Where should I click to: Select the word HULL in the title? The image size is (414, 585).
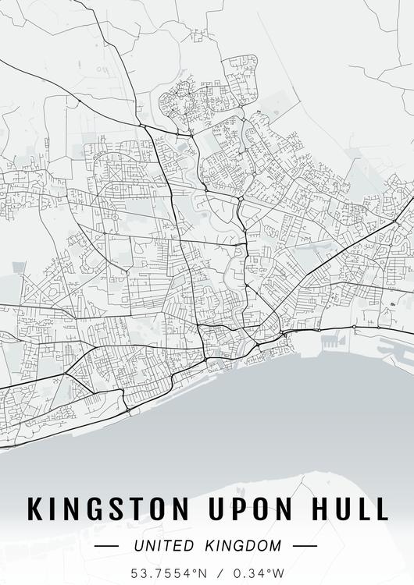click(348, 508)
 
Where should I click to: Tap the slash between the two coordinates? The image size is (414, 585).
click(221, 573)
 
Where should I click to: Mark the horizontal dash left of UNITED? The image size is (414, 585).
click(106, 546)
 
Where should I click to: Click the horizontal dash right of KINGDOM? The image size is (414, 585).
click(305, 546)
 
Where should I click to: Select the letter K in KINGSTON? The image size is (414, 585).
click(36, 508)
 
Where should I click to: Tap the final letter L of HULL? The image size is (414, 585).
click(380, 508)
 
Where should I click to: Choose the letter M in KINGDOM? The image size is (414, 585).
click(274, 546)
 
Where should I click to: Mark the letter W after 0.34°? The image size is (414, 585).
click(280, 573)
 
